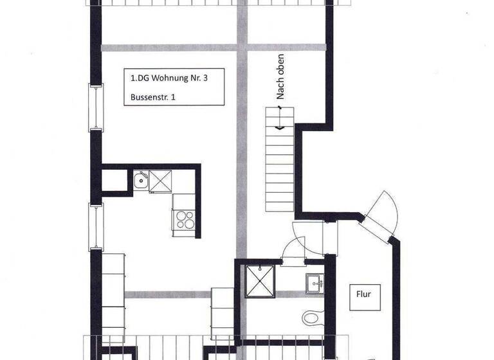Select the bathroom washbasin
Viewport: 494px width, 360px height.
(316, 281)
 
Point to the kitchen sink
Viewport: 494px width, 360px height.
(141, 181)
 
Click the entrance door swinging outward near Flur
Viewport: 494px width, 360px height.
(383, 213)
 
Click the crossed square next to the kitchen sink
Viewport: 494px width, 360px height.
(161, 181)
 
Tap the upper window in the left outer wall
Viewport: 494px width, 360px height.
(96, 107)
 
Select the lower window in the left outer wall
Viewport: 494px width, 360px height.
(96, 226)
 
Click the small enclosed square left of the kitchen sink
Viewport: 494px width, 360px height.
(117, 181)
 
